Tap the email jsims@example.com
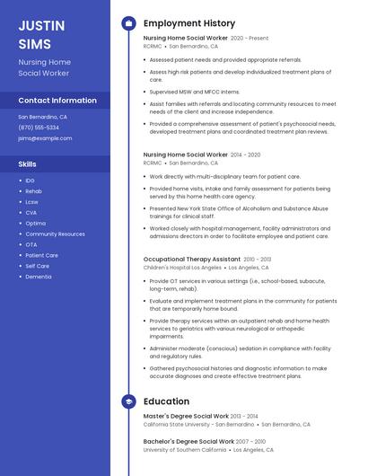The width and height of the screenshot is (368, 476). tap(45, 138)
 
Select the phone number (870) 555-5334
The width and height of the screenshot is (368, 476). tap(39, 128)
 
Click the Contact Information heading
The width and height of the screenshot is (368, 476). tap(57, 101)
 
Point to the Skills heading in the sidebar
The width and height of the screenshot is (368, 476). tap(28, 164)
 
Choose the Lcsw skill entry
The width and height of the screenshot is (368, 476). tap(32, 202)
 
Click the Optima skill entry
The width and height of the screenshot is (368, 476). tap(36, 224)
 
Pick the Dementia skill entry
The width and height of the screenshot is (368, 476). tap(39, 277)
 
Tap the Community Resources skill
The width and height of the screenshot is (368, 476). tap(55, 234)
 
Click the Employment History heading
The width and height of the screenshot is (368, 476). tap(189, 23)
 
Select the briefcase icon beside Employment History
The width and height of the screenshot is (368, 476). tap(128, 23)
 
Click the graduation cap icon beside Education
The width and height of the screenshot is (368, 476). tap(128, 401)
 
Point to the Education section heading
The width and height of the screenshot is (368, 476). tap(166, 401)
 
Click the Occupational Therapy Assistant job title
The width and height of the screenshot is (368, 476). tap(192, 259)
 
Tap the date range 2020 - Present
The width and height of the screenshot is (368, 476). tap(250, 39)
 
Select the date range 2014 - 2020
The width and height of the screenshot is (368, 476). tap(245, 154)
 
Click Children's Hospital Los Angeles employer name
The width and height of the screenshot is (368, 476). tap(182, 268)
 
